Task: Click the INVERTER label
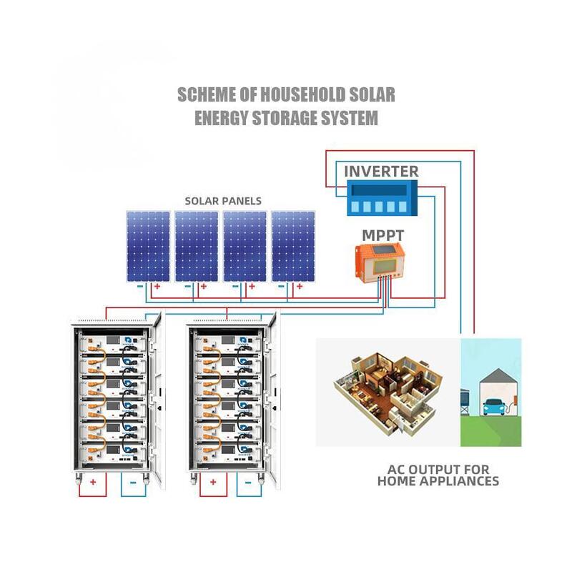(381, 172)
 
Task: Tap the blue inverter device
(381, 198)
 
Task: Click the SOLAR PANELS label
(223, 201)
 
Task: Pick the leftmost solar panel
(148, 245)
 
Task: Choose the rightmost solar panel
(293, 245)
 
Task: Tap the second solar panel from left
(197, 245)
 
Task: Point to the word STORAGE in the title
(286, 118)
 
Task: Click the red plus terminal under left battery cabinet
(93, 483)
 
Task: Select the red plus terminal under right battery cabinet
(212, 483)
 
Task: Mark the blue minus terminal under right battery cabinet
(248, 483)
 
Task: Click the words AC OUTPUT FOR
(438, 470)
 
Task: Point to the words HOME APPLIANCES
(438, 481)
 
